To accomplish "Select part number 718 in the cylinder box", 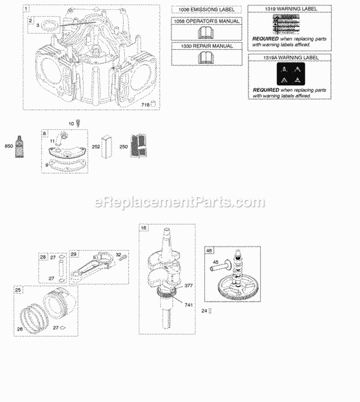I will pyautogui.click(x=144, y=104).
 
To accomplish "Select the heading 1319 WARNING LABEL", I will pyautogui.click(x=288, y=8).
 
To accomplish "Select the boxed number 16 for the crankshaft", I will pyautogui.click(x=143, y=228).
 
